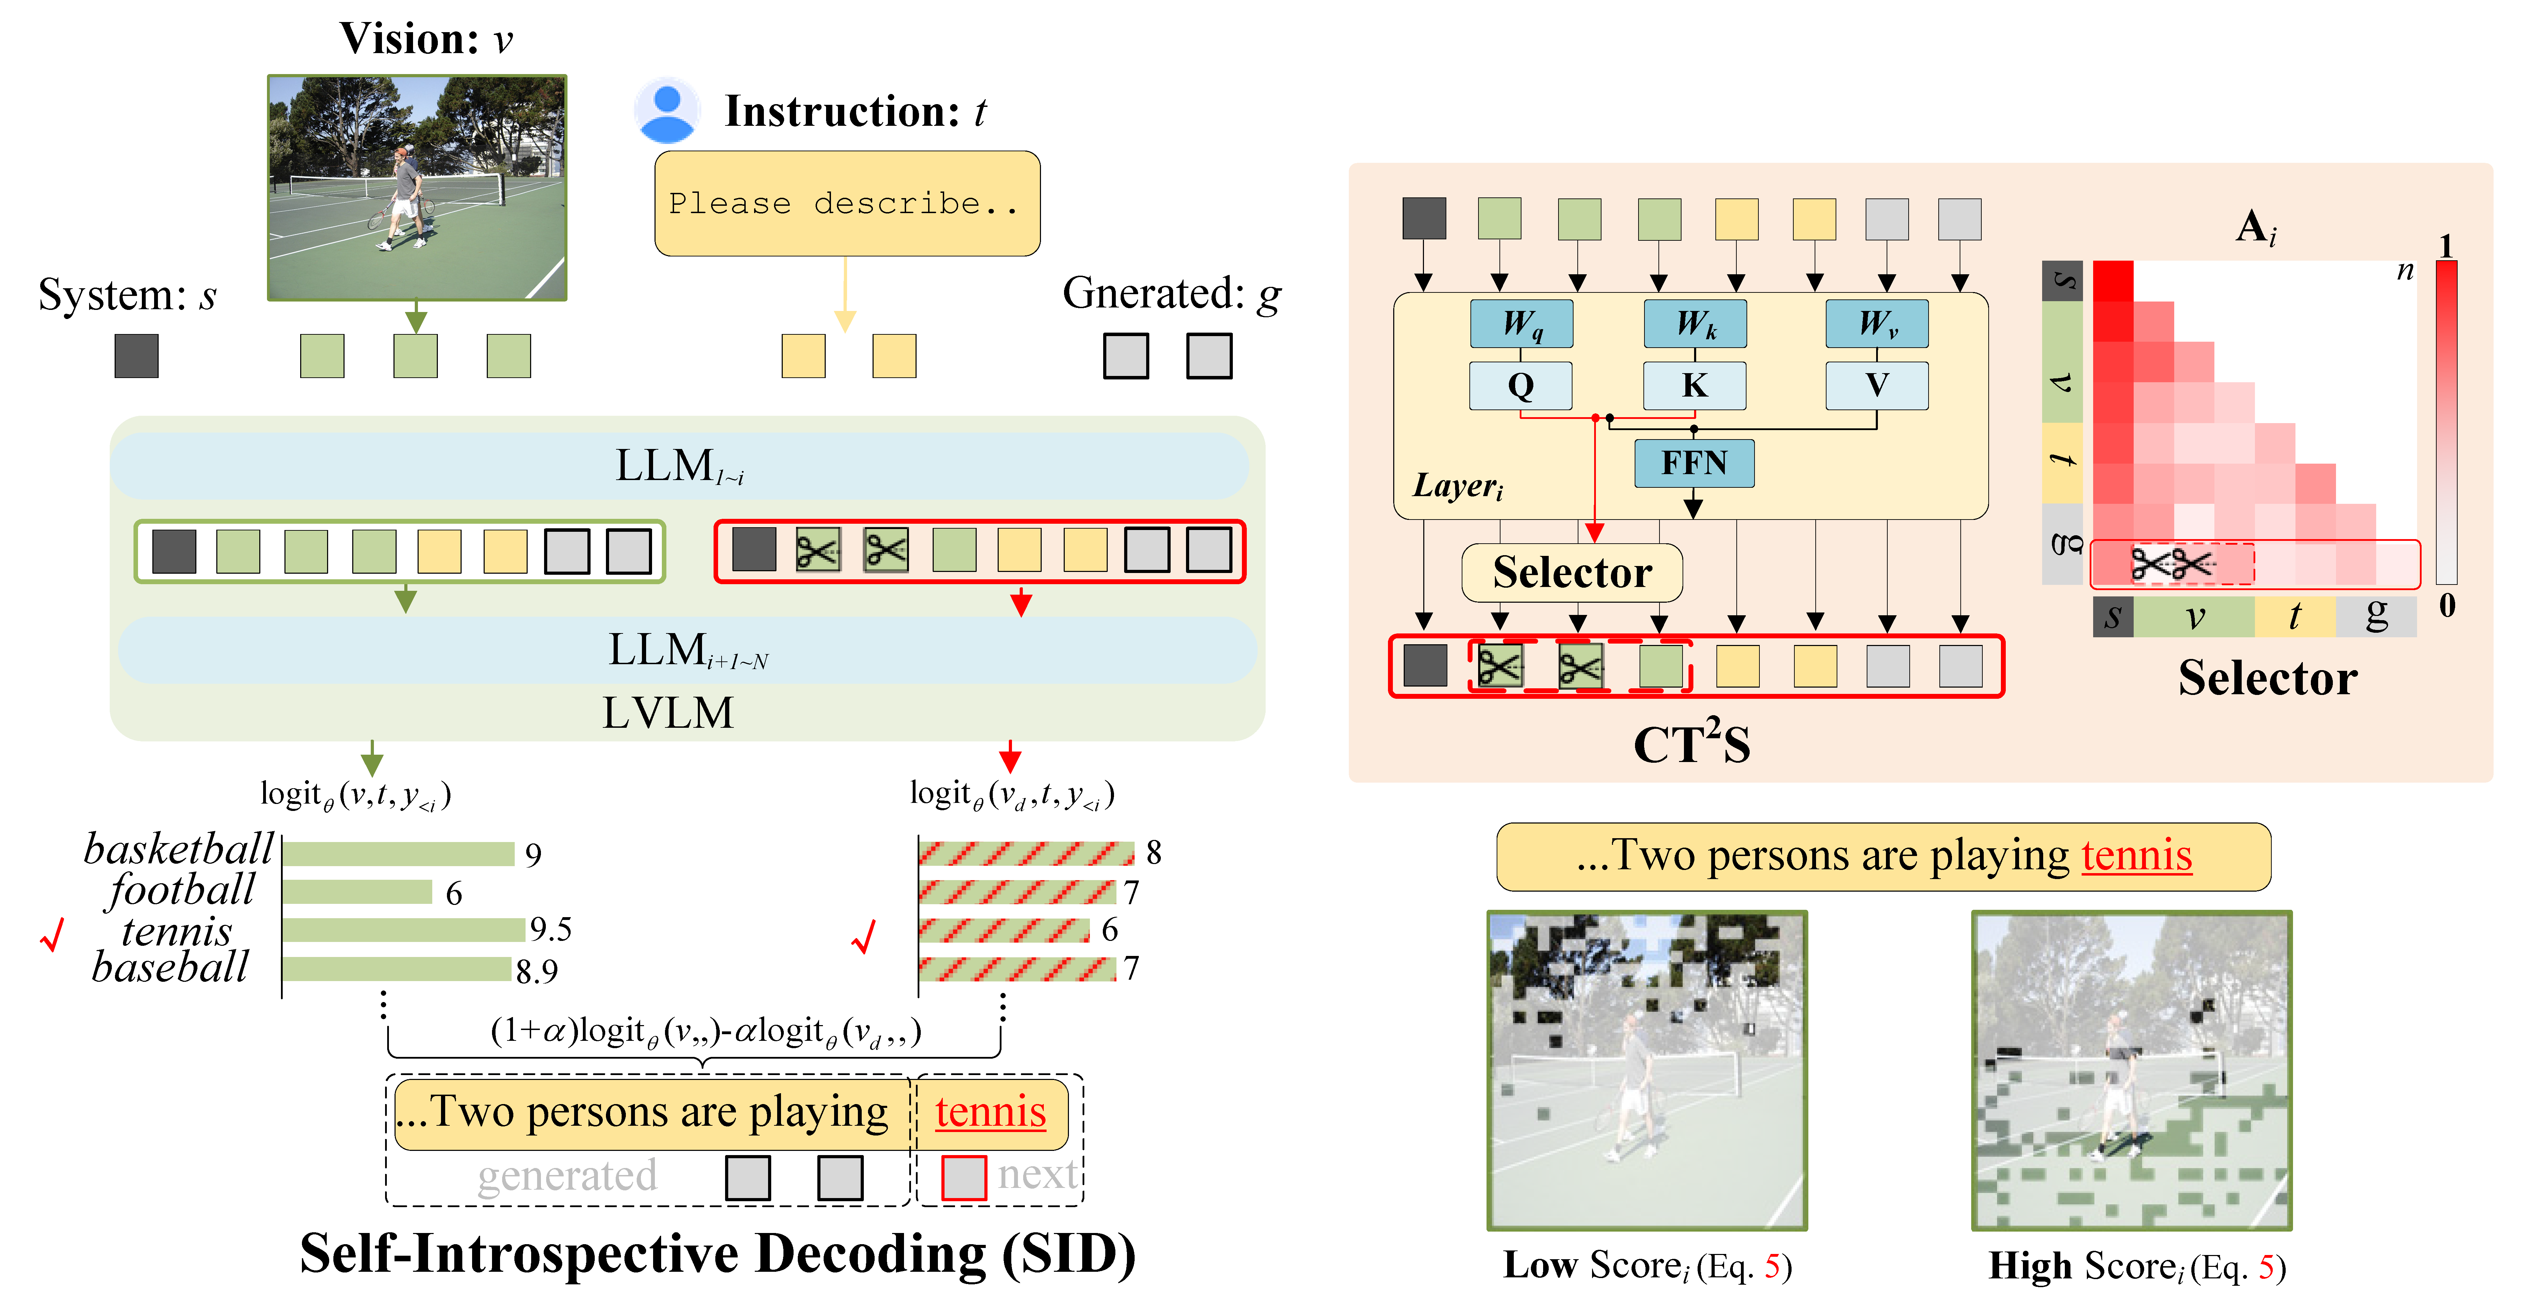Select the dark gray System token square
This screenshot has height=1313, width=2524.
pyautogui.click(x=136, y=356)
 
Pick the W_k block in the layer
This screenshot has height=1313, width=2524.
pyautogui.click(x=1695, y=323)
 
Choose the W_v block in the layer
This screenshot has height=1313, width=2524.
pyautogui.click(x=1876, y=323)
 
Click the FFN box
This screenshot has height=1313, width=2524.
pyautogui.click(x=1694, y=463)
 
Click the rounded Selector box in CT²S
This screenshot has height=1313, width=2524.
pyautogui.click(x=1572, y=572)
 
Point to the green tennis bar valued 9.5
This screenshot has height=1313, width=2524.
pyautogui.click(x=404, y=929)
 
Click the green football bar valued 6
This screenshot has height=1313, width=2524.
pyautogui.click(x=357, y=892)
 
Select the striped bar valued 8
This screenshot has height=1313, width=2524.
pyautogui.click(x=1026, y=853)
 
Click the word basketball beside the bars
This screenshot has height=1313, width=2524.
pyautogui.click(x=178, y=849)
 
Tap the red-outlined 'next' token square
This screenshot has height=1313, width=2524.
pyautogui.click(x=963, y=1177)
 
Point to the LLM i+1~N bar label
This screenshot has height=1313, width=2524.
pyautogui.click(x=686, y=651)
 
